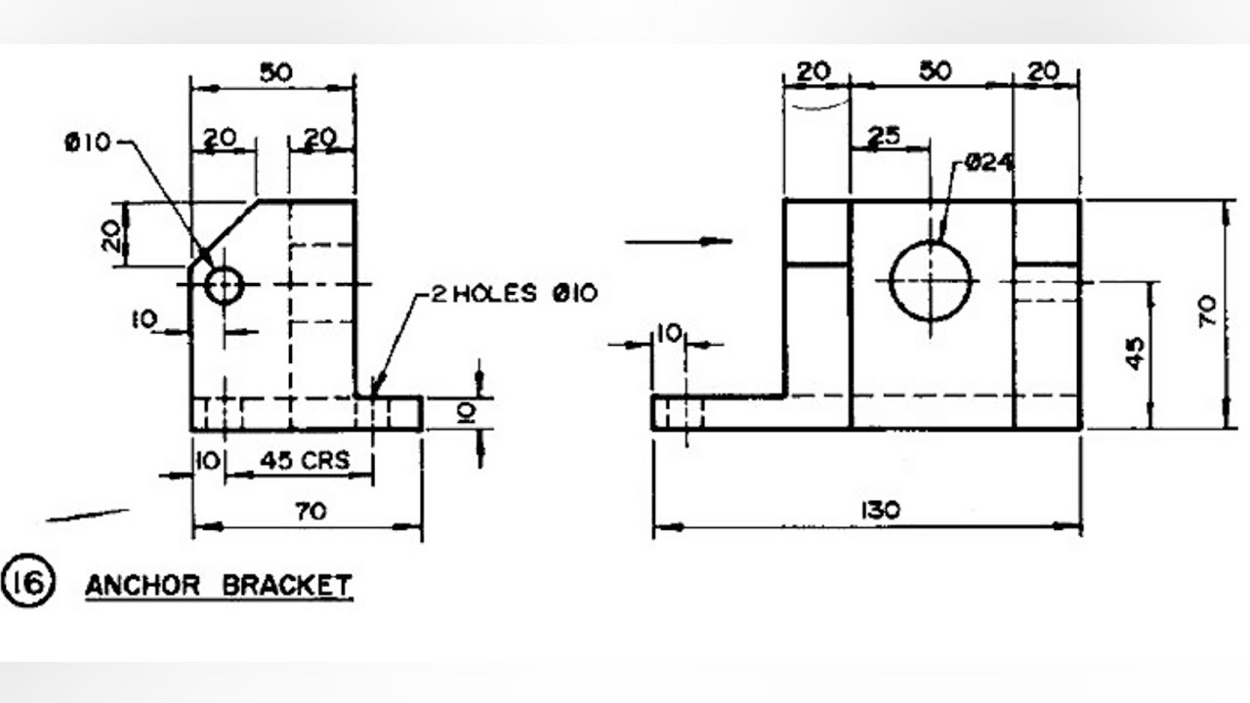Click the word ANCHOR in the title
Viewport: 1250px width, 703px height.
(x=143, y=586)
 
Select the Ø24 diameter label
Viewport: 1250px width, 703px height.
(x=988, y=163)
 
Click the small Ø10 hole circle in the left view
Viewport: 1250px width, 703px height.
(x=224, y=285)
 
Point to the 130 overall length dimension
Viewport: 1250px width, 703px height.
(x=882, y=510)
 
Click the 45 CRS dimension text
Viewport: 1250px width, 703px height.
(x=305, y=461)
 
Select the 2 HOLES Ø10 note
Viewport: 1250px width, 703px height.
(x=512, y=293)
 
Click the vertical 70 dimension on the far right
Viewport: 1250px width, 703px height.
(x=1207, y=312)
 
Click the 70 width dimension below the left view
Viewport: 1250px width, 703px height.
(x=310, y=510)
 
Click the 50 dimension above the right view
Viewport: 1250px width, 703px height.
(x=935, y=71)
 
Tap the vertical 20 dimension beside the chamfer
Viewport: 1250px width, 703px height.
(x=113, y=234)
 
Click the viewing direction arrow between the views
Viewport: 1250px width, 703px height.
(x=679, y=239)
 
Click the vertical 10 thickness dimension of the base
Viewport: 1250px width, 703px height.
(x=467, y=414)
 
